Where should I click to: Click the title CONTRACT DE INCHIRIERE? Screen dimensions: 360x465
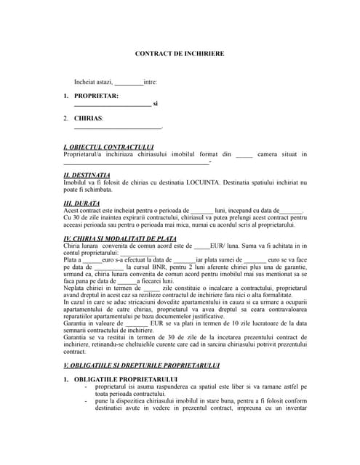pyautogui.click(x=180, y=54)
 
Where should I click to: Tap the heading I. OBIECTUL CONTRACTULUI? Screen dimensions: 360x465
pyautogui.click(x=108, y=147)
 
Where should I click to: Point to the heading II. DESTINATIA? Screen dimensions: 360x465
pyautogui.click(x=87, y=174)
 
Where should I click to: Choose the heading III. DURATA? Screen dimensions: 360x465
pyautogui.click(x=82, y=203)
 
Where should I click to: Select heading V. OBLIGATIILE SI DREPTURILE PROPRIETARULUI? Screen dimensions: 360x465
pyautogui.click(x=141, y=364)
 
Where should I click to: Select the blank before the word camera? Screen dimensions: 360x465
pyautogui.click(x=244, y=155)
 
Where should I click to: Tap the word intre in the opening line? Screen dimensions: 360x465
pyautogui.click(x=151, y=82)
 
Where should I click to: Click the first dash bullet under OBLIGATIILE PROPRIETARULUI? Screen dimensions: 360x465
pyautogui.click(x=87, y=387)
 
